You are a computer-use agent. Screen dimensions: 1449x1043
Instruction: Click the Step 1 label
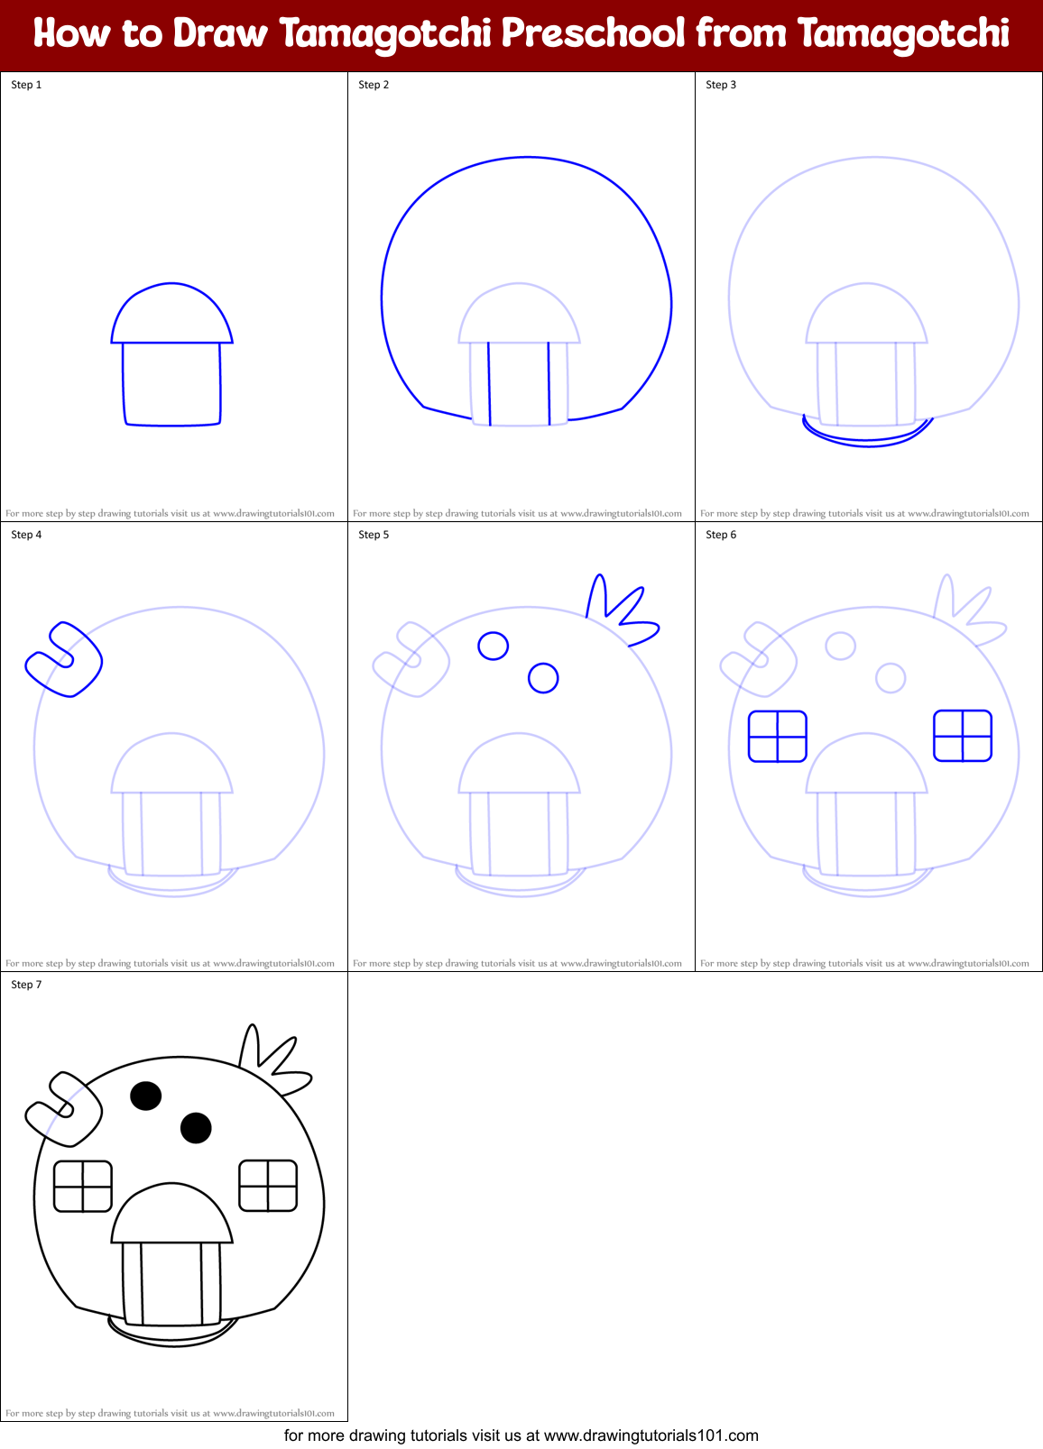click(x=26, y=85)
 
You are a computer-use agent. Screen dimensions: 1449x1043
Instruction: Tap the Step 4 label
click(x=26, y=535)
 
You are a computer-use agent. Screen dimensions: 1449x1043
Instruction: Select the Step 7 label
click(x=26, y=985)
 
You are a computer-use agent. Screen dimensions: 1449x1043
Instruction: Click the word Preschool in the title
click(x=593, y=34)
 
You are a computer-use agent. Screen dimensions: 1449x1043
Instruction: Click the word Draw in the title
click(x=220, y=34)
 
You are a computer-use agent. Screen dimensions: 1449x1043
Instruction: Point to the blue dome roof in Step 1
click(x=172, y=316)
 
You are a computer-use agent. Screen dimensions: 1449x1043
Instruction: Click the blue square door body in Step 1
click(x=172, y=383)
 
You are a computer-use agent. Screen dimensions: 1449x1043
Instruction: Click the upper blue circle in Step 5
click(x=494, y=646)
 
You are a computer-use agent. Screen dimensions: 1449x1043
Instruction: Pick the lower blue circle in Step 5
click(x=543, y=677)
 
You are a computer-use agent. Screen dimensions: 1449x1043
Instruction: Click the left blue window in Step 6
click(x=777, y=737)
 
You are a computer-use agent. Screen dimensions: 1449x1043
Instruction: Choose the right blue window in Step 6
click(x=962, y=736)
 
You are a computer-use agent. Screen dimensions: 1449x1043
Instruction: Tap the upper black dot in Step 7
click(x=146, y=1096)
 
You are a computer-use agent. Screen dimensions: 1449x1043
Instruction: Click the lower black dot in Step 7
click(x=196, y=1127)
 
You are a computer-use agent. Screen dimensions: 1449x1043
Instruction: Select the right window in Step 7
click(x=268, y=1186)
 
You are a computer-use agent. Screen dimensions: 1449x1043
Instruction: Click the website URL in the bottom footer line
click(x=651, y=1435)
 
